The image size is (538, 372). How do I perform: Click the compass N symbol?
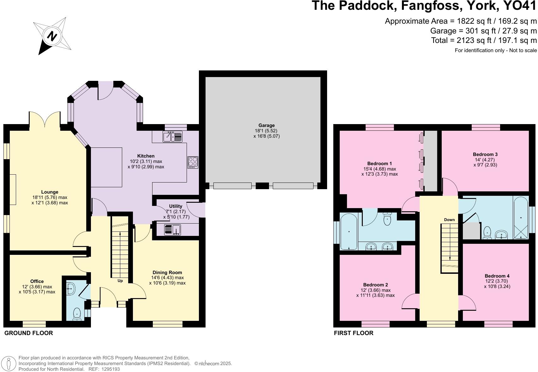pos(52,36)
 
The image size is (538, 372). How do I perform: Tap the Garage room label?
pos(266,125)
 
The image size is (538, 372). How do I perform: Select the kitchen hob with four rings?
pos(193,162)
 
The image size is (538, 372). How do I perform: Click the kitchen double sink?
pos(173,137)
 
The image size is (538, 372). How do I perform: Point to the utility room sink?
pos(172,230)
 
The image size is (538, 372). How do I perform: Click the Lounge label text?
pos(50,192)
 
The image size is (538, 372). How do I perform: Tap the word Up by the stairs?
pos(120,281)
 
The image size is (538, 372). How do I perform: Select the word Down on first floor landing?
pos(449,220)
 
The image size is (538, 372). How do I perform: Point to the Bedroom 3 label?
pos(485,154)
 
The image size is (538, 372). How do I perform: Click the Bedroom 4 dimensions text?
pos(497,284)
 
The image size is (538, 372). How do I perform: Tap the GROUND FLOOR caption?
pos(28,333)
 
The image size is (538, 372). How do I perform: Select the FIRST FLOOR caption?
pos(353,333)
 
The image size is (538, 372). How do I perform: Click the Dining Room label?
pos(167,273)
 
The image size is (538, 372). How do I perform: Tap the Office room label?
pos(37,281)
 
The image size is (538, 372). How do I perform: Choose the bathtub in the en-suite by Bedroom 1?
pos(349,231)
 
